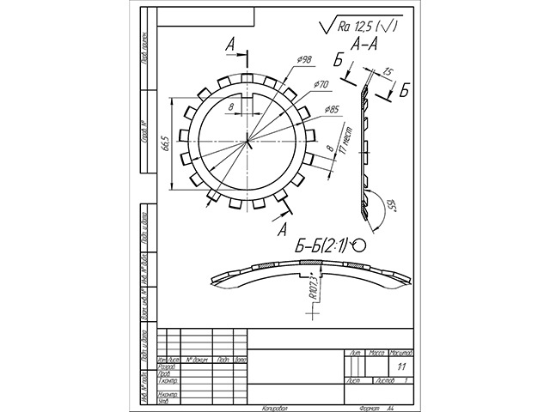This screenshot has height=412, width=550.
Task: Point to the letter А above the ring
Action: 231,44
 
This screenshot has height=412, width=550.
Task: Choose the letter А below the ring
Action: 282,229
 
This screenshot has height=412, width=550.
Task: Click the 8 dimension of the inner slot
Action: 232,106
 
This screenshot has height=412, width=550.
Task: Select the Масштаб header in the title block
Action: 401,353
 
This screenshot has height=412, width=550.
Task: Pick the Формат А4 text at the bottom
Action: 378,408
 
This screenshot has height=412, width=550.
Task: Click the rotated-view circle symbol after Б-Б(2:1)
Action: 357,245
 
